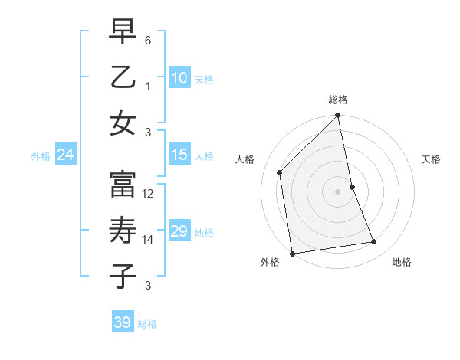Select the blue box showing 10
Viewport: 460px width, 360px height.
click(x=179, y=77)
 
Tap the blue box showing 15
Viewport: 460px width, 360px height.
click(x=179, y=155)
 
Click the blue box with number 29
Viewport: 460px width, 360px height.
click(x=179, y=231)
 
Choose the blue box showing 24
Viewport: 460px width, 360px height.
click(x=66, y=155)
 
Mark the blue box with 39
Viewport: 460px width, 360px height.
click(x=123, y=322)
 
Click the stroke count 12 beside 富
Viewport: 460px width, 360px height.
click(x=149, y=195)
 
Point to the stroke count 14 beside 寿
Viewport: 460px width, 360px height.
click(x=149, y=240)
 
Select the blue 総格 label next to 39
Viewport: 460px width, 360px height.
click(x=148, y=324)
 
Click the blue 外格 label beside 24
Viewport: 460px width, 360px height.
click(x=41, y=156)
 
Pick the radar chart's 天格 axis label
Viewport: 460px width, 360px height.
click(x=432, y=159)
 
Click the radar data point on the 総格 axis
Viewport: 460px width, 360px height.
click(x=338, y=116)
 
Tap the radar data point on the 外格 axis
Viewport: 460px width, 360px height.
click(x=292, y=254)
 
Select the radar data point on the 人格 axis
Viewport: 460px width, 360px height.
click(x=280, y=172)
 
